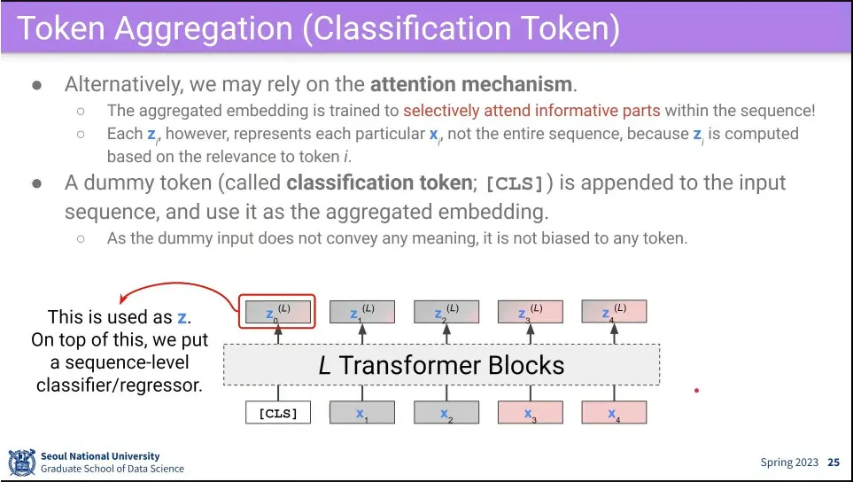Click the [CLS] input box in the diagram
[277, 413]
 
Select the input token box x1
[361, 413]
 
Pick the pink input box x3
[530, 413]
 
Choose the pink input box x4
[614, 413]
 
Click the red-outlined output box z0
[277, 312]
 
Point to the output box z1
[361, 312]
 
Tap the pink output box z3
[530, 312]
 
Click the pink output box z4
[614, 312]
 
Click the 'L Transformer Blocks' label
[441, 364]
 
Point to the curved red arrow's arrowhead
[126, 300]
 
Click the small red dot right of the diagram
[697, 390]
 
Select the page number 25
[834, 463]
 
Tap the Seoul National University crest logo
[21, 462]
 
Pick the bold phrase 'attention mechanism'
[472, 85]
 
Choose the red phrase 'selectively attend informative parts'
[531, 111]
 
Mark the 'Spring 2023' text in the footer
[789, 463]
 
